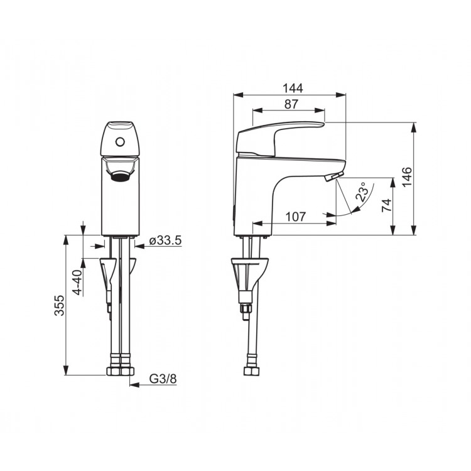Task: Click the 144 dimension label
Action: click(293, 88)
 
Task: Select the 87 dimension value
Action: click(291, 104)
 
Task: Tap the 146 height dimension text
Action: click(408, 177)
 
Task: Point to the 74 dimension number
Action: click(387, 205)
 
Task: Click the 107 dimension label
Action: click(296, 217)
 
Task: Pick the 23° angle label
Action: click(362, 192)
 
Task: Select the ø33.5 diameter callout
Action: click(166, 241)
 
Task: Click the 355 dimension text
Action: click(59, 305)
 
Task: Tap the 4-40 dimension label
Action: click(77, 283)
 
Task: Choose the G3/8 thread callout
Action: click(163, 379)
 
